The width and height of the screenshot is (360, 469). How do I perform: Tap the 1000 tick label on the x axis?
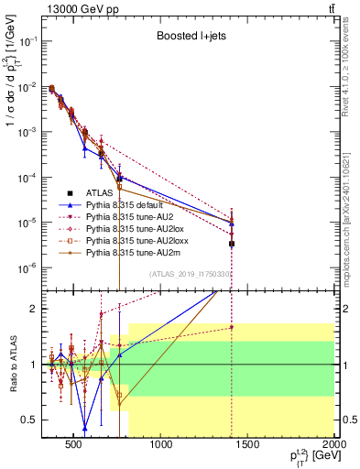tap(161, 446)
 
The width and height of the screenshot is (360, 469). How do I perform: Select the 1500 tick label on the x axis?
tap(248, 446)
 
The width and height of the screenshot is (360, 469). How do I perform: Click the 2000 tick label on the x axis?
tap(333, 446)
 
